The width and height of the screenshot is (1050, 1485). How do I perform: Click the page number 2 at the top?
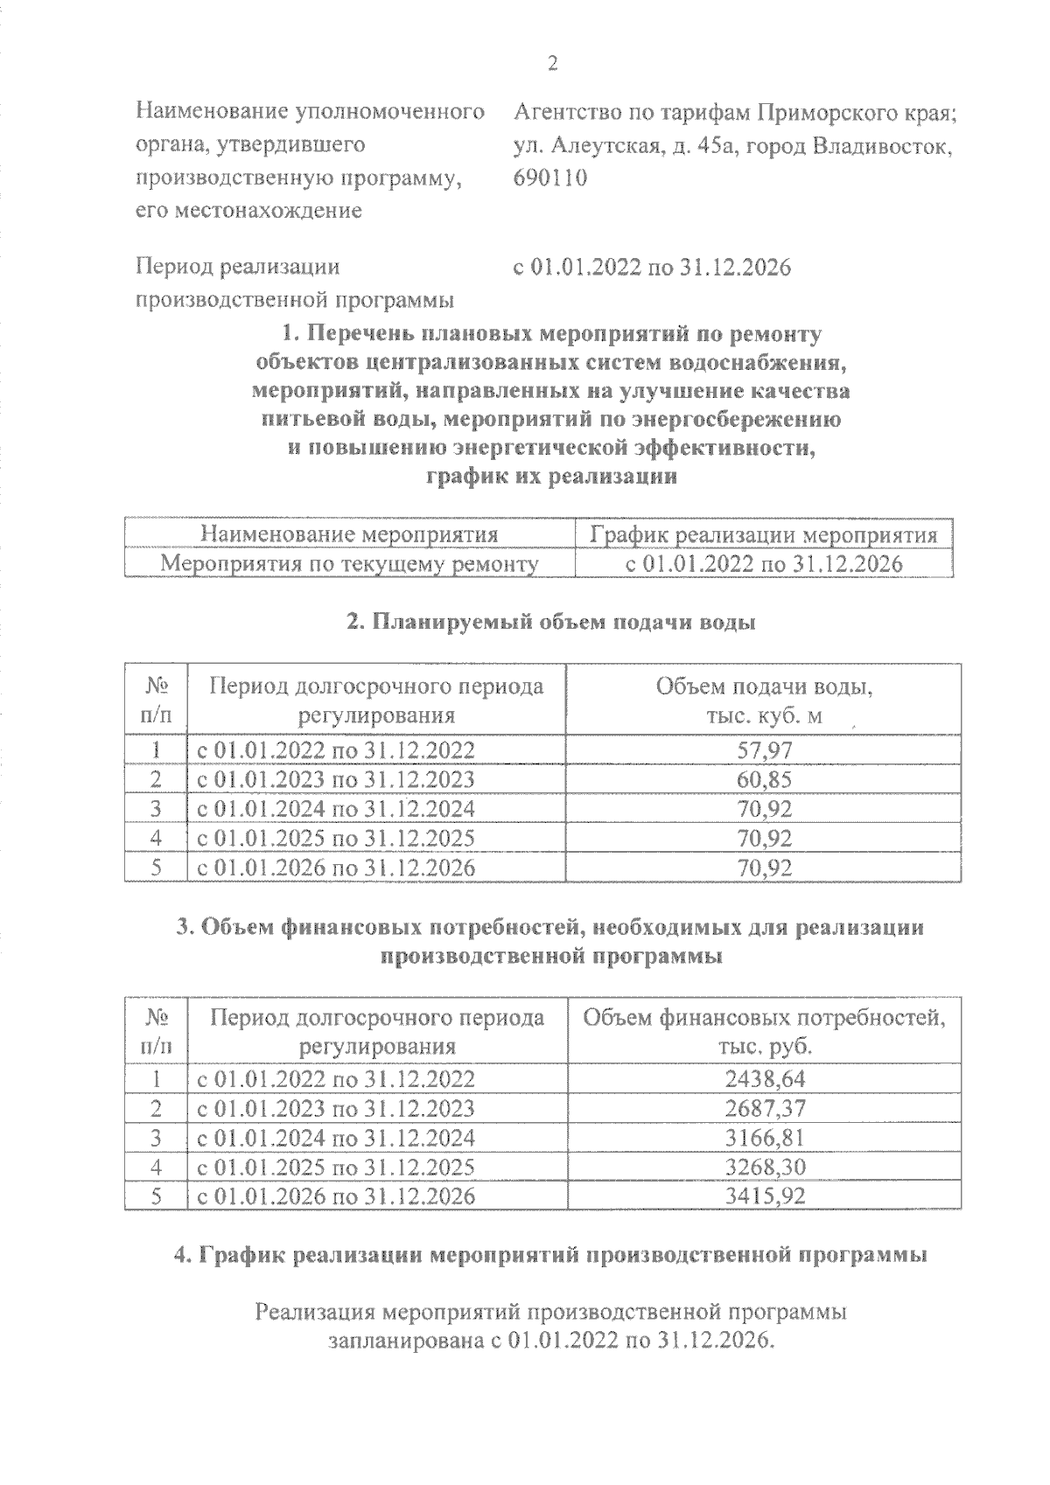point(551,63)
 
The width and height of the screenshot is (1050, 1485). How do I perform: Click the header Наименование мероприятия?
point(349,534)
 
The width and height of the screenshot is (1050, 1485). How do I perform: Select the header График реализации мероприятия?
point(764,534)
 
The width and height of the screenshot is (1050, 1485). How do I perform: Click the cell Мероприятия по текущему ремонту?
point(349,564)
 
